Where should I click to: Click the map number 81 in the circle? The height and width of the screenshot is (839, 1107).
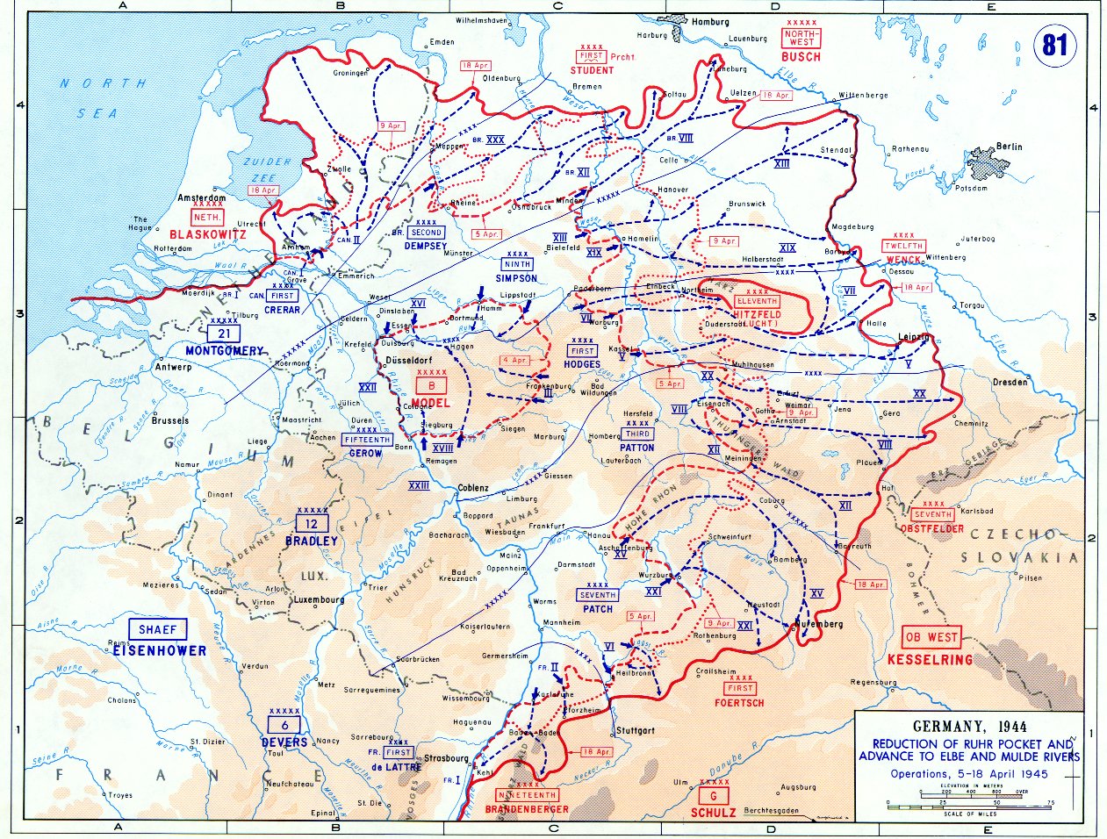point(1054,45)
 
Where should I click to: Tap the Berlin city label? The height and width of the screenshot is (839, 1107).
point(1009,147)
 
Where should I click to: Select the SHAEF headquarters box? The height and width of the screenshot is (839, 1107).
point(157,629)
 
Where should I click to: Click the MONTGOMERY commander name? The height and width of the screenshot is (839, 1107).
point(224,351)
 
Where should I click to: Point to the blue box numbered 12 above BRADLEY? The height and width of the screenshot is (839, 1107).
point(312,523)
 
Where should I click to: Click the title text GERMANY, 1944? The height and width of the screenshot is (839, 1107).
point(969,727)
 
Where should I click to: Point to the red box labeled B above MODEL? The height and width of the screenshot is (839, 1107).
point(431,385)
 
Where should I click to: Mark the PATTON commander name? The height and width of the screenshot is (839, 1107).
point(636,448)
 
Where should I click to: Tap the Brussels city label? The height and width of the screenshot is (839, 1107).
point(170,420)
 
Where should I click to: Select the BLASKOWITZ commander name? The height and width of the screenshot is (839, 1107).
point(207,234)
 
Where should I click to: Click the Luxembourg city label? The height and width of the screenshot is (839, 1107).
point(319,600)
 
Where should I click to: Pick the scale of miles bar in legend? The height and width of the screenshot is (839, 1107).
point(969,804)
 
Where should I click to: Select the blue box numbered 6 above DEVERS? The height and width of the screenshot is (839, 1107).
point(284,725)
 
